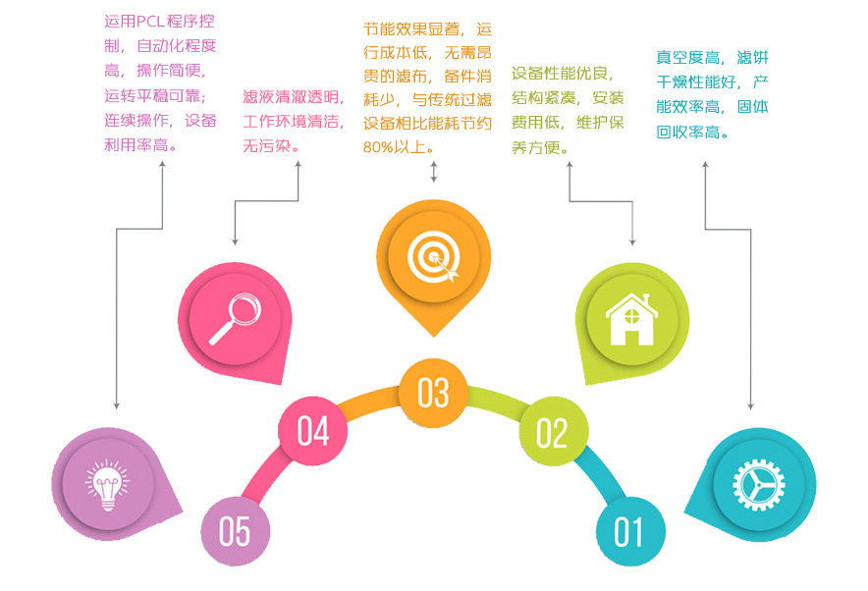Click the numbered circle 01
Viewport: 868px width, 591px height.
[x=629, y=531]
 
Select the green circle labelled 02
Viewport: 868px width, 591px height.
[x=553, y=432]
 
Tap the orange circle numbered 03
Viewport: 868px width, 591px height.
[x=433, y=392]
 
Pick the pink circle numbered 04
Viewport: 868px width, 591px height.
[x=313, y=430]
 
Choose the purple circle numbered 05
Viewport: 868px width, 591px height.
[x=235, y=531]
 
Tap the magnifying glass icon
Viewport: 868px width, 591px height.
[x=236, y=316]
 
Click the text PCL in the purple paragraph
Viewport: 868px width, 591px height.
[x=158, y=21]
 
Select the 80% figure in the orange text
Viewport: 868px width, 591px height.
[x=380, y=147]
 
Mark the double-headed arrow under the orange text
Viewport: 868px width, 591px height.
[x=433, y=173]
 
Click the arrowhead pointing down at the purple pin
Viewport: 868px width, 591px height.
[x=117, y=404]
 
